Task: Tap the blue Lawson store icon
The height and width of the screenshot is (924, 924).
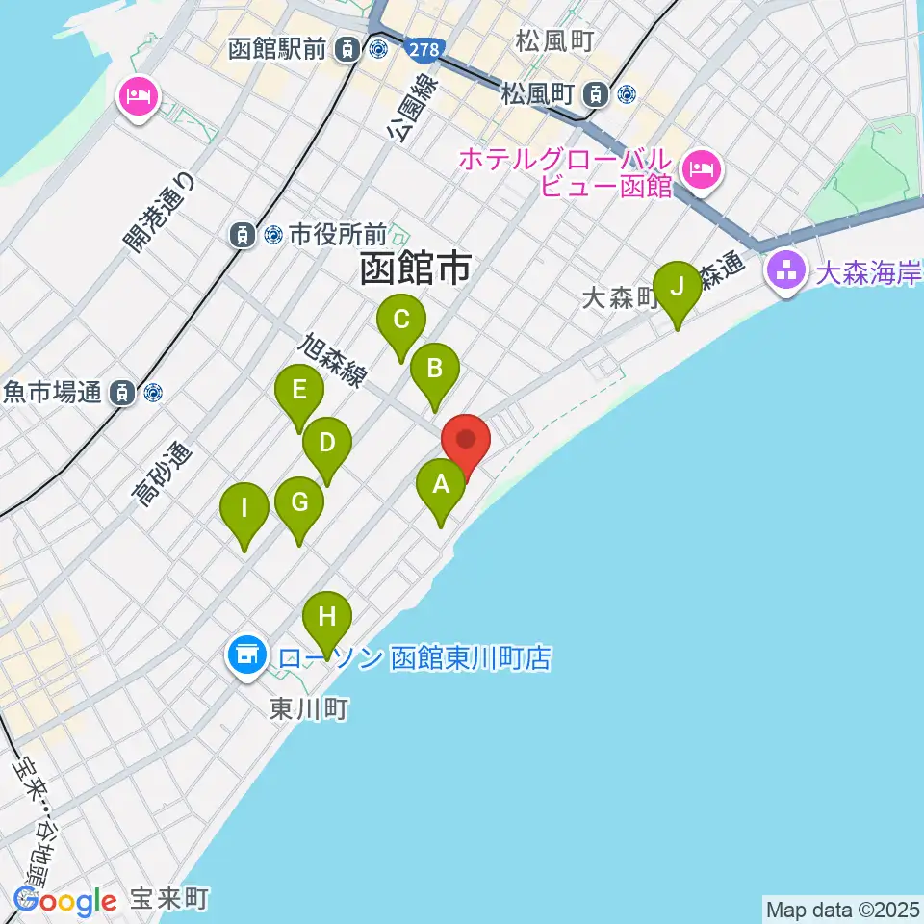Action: pos(244,656)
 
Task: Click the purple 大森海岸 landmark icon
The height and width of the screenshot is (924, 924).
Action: pos(785,270)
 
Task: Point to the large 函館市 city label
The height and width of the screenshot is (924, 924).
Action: pos(416,269)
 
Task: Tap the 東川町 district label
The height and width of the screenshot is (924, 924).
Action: pos(308,709)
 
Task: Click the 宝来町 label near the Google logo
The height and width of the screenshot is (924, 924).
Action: pos(169,900)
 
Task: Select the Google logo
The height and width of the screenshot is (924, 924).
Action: pos(65,901)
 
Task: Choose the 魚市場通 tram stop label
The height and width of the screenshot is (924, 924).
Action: pos(53,393)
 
